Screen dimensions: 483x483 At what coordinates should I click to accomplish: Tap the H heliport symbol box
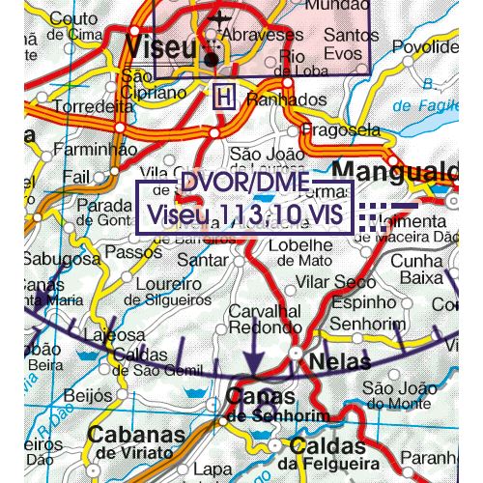[223, 97]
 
